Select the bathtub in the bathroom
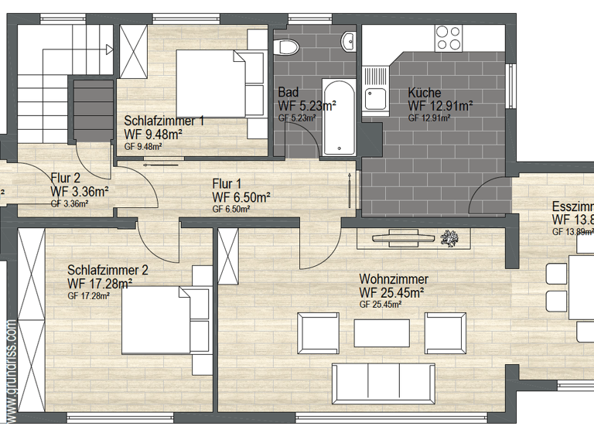coord(340,117)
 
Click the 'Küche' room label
coord(425,93)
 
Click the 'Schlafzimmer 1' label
coord(164,121)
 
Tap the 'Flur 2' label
coord(67,177)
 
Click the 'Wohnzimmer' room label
coord(394,279)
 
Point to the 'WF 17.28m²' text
coord(100,284)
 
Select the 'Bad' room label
coord(288,93)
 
